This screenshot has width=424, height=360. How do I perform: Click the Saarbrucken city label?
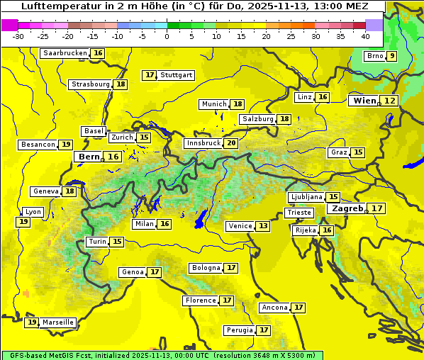(x=65, y=53)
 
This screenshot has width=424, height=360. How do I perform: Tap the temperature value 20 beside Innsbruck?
(x=231, y=143)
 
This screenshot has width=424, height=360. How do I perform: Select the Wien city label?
(x=364, y=101)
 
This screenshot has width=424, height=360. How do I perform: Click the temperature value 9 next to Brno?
(x=391, y=57)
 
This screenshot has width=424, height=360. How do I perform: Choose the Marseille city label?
(x=58, y=322)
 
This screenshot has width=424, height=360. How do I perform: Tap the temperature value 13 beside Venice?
(x=263, y=226)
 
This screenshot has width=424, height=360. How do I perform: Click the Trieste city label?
(x=299, y=213)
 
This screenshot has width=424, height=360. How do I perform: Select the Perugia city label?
(x=238, y=330)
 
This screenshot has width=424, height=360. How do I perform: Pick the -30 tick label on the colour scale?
(x=18, y=36)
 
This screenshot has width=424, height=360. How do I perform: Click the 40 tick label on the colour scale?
(x=365, y=36)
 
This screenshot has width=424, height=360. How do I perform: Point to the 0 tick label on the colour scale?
(x=167, y=36)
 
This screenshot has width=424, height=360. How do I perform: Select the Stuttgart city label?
(x=177, y=75)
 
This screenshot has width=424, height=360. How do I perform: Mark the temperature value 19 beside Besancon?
(x=66, y=145)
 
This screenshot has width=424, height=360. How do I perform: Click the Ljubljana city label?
(x=307, y=197)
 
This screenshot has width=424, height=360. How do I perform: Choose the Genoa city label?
(x=133, y=272)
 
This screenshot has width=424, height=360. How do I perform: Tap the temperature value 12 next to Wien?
(x=390, y=101)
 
